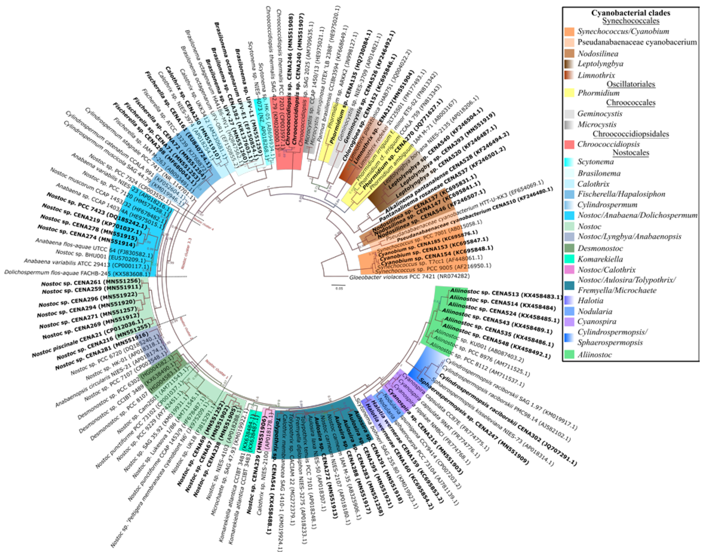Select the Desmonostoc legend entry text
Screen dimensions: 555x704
600,248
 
